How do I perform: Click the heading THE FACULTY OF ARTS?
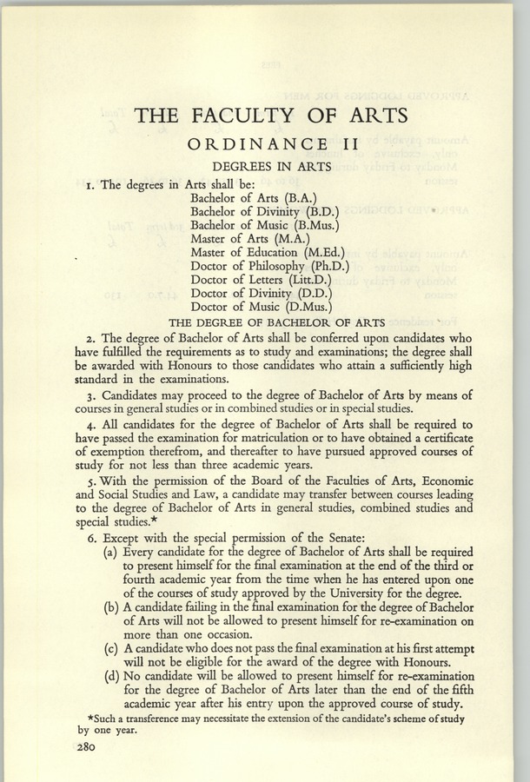click(x=266, y=115)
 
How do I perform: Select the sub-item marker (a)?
click(x=112, y=553)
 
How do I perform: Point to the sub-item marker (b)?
click(x=112, y=606)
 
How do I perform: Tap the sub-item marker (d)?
click(x=112, y=675)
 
